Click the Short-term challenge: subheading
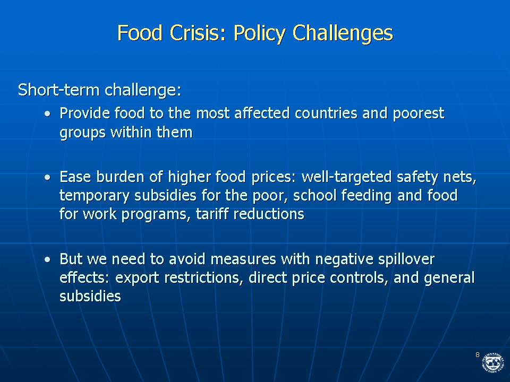click(99, 90)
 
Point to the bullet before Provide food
click(48, 114)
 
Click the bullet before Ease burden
click(48, 177)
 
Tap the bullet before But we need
click(48, 259)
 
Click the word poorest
click(418, 114)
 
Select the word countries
click(326, 113)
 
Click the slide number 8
click(478, 355)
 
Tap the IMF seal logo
click(493, 362)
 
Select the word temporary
click(95, 196)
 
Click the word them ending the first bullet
click(174, 133)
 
